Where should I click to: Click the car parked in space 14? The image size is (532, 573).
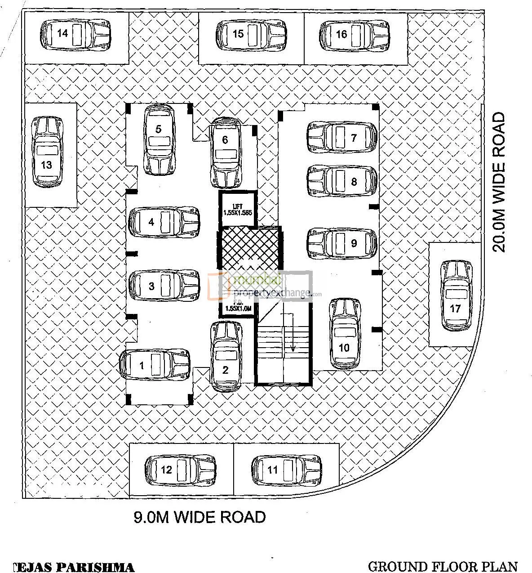75,34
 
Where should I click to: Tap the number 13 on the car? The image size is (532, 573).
46,165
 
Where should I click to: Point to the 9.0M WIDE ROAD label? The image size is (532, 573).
199,517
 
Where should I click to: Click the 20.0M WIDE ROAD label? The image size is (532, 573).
498,182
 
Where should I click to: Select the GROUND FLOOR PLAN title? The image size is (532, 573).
443,566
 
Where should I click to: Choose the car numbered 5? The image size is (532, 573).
159,139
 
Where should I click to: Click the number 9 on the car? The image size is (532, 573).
354,243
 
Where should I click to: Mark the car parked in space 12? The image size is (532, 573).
180,470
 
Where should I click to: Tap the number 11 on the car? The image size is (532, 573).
272,470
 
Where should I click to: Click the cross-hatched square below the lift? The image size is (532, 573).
249,249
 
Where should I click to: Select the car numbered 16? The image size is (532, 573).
355,34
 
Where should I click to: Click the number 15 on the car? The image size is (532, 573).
238,33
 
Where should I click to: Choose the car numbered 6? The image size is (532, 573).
226,153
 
